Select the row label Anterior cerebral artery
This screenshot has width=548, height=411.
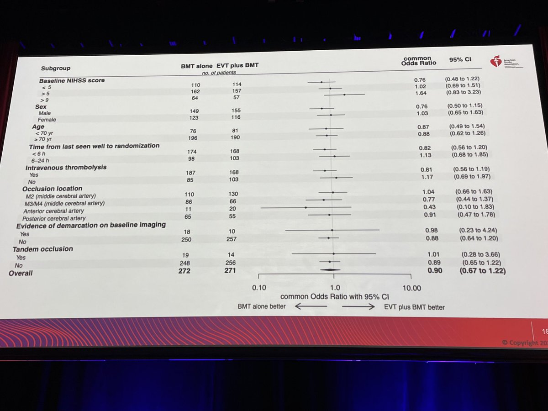[53, 211]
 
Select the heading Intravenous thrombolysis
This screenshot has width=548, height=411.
[66, 167]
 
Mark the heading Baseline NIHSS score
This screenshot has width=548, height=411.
[71, 80]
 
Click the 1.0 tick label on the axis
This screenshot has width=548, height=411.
[335, 288]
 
